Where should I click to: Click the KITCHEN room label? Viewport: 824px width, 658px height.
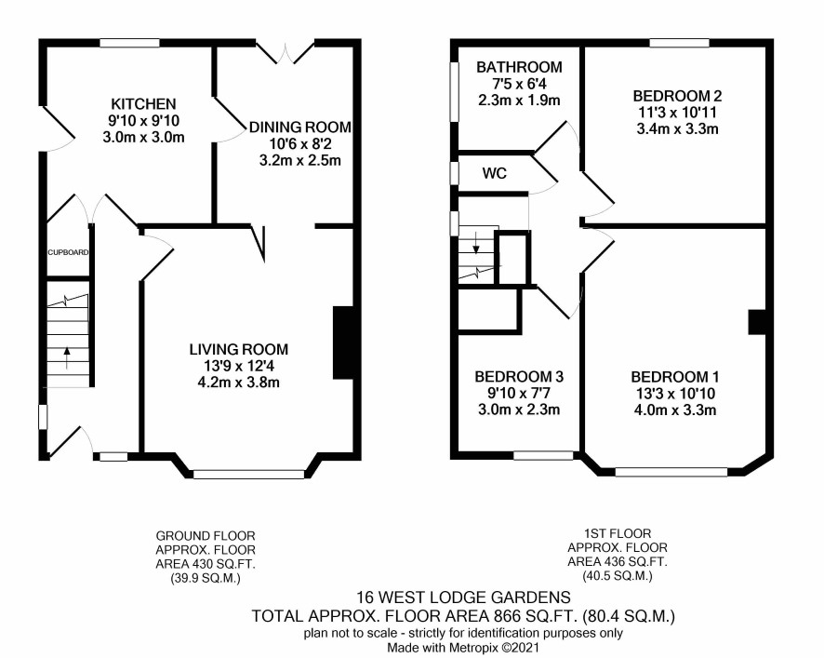(143, 103)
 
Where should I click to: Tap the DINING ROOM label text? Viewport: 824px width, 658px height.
(300, 127)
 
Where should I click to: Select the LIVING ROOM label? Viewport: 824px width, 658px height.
(239, 349)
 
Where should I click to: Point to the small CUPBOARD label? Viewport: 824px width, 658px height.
(68, 252)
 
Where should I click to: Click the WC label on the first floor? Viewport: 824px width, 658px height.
(495, 173)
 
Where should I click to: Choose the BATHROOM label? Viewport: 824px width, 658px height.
(519, 67)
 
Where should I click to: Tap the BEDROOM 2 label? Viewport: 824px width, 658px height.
(677, 96)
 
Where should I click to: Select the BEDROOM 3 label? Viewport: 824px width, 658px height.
(519, 377)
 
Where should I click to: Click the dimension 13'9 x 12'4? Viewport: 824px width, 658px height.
(239, 366)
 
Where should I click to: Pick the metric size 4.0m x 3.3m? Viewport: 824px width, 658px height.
(675, 410)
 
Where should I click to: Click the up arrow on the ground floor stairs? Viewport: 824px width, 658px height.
(67, 358)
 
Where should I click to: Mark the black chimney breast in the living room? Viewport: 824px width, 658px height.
(343, 342)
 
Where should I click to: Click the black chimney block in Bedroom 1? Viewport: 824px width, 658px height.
(757, 322)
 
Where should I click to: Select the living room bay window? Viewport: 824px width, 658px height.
(248, 475)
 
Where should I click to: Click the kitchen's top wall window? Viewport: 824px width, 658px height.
(130, 43)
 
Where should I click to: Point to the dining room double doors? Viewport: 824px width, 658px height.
(286, 53)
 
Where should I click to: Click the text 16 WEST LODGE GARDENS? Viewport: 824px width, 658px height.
(463, 598)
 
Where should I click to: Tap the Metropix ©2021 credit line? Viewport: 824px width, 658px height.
(463, 648)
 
